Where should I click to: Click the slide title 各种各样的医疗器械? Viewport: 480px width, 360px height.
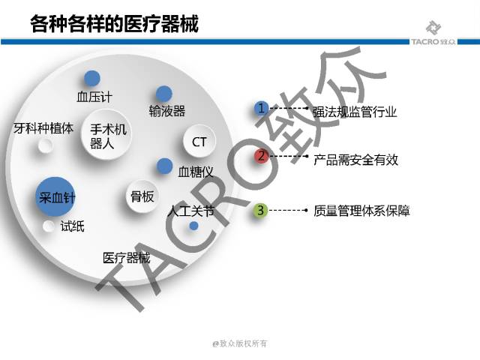[x=114, y=23]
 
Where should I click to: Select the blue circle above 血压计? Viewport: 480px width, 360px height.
[x=92, y=78]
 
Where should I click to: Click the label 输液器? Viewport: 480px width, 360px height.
[x=166, y=111]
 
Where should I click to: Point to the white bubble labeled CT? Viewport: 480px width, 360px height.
[x=199, y=142]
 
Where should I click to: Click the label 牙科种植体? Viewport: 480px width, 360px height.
[x=43, y=127]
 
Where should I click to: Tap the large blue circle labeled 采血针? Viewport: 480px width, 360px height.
[x=57, y=197]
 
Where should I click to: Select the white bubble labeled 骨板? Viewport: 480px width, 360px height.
[x=142, y=196]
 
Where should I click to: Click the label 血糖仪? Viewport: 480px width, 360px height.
[x=196, y=172]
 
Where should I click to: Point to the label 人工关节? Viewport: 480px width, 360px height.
[x=190, y=211]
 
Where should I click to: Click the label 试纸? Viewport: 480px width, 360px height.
[x=72, y=226]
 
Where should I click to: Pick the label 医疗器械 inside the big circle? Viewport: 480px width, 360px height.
[x=126, y=258]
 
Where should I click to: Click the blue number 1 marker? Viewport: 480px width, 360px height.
[x=260, y=109]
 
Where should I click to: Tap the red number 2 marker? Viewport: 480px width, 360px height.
[x=260, y=156]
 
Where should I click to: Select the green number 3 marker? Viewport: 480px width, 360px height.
[x=260, y=211]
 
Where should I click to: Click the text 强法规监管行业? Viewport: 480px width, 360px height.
[x=354, y=112]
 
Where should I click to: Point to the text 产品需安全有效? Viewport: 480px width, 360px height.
[x=355, y=160]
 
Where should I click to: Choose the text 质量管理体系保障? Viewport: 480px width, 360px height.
[x=361, y=211]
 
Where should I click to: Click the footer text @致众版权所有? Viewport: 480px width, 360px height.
[x=239, y=343]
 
